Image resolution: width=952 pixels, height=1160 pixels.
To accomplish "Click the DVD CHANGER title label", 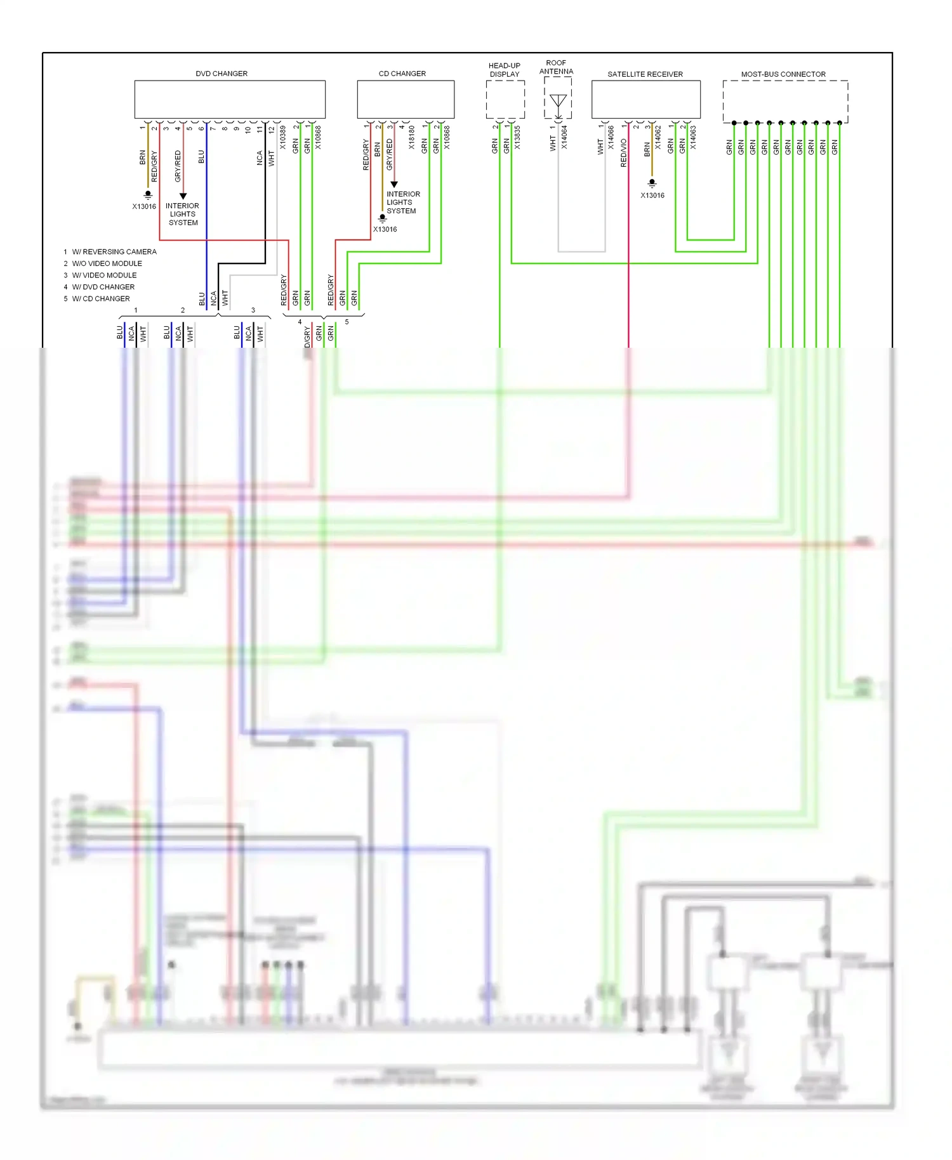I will coord(221,74).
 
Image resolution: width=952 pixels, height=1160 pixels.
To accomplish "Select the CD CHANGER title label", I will coord(402,74).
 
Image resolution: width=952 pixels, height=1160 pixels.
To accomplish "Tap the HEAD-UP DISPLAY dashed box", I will coord(505,100).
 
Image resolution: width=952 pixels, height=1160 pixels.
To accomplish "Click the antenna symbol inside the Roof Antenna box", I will coord(558,102).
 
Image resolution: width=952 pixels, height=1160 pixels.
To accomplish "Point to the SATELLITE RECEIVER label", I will coord(645,74).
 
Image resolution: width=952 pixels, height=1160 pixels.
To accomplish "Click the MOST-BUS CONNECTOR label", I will coord(783,74).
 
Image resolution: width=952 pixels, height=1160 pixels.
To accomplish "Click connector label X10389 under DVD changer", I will coord(283,138).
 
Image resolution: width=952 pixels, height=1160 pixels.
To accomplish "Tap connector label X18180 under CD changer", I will coord(412,138).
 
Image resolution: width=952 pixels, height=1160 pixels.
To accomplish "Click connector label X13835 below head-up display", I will coord(518,138).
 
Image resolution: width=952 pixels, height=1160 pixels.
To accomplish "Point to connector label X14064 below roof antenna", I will coord(564,138).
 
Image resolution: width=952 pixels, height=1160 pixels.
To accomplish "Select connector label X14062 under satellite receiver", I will coord(658,138).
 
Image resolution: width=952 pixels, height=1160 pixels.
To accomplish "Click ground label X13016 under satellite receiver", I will coord(652,195).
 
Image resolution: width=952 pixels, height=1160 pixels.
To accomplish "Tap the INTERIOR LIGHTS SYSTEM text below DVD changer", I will coord(183,214).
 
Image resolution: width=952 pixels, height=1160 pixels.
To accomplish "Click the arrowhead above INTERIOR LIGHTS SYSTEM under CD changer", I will coord(394,185).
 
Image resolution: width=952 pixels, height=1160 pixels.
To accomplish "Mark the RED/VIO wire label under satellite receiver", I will coord(623,153).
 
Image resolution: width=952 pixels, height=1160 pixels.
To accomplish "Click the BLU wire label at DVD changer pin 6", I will coord(201,157).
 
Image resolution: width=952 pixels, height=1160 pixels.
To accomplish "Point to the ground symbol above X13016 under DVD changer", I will coord(148,195).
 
